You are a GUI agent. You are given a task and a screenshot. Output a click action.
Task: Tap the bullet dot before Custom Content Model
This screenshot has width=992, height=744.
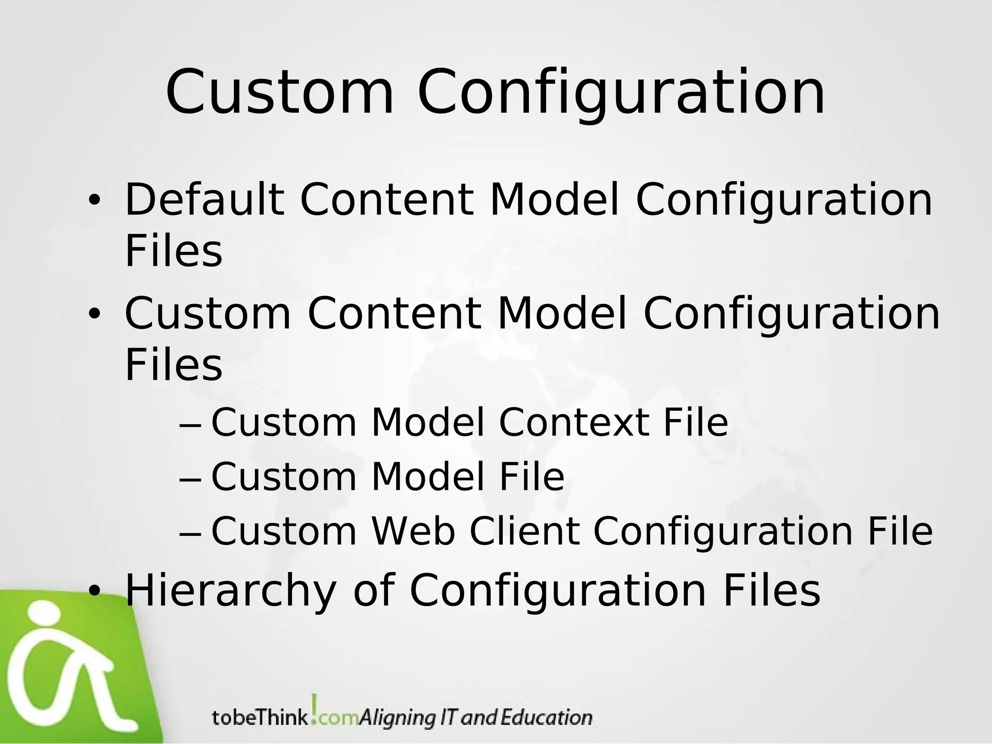point(94,314)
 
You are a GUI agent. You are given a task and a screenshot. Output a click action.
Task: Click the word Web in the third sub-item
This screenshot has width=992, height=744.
point(413,531)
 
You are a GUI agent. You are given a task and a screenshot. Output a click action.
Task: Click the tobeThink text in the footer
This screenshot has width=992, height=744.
point(260,717)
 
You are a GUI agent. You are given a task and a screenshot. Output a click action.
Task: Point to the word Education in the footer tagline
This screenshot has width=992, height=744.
point(546,717)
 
